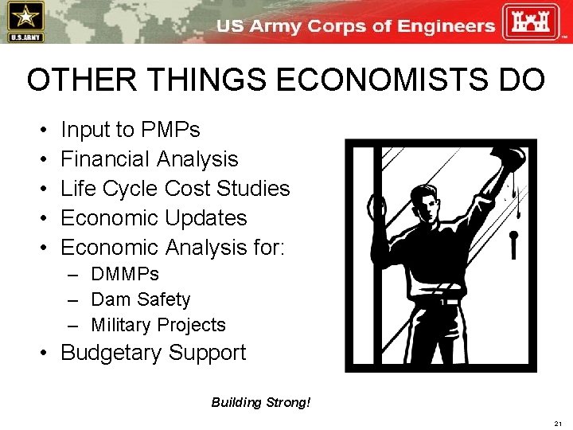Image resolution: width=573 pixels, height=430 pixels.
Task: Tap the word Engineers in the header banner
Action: (446, 25)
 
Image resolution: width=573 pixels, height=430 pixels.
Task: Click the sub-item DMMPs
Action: (125, 275)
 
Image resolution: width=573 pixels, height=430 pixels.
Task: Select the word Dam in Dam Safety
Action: (107, 300)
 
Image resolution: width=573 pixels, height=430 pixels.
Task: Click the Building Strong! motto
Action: (261, 402)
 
